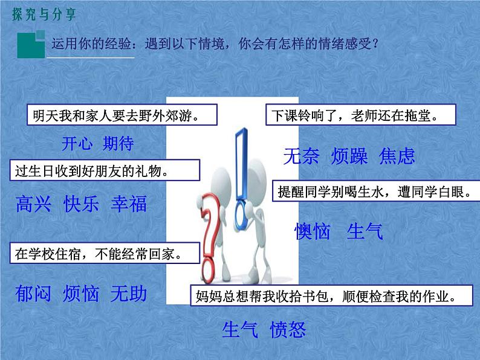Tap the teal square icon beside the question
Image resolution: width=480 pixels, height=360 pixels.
(x=30, y=44)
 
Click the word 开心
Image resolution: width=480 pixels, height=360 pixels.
(x=78, y=144)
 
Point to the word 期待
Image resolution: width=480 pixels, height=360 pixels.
(x=118, y=144)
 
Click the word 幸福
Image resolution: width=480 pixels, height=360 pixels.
(x=129, y=204)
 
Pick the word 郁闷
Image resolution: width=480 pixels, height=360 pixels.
(x=34, y=294)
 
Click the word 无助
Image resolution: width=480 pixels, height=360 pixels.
(x=129, y=294)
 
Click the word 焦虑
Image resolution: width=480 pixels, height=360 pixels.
(x=397, y=157)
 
